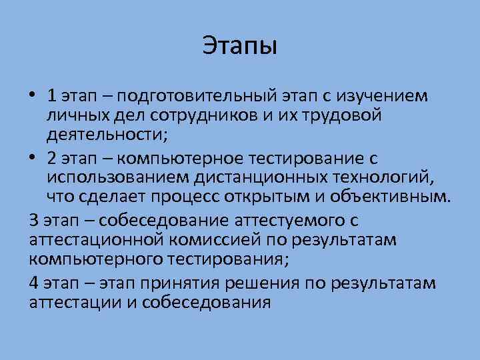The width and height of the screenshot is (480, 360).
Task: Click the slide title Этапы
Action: [239, 46]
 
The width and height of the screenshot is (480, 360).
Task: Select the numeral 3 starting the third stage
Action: [34, 219]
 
